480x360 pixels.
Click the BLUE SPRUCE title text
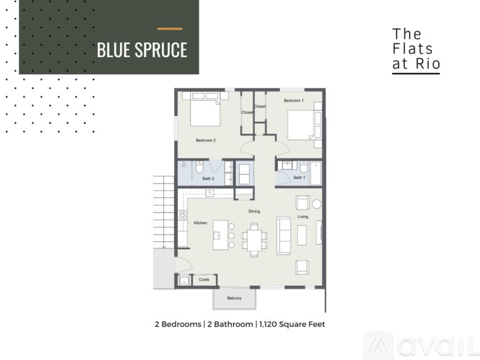coord(142,50)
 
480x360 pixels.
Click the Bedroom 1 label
coord(293,100)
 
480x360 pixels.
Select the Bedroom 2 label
coord(206,140)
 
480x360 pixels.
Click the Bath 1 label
coord(299,177)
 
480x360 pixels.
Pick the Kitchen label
coord(201,223)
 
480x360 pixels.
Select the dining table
coord(253,238)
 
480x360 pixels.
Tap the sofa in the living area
coord(284,235)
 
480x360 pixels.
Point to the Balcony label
coord(234,298)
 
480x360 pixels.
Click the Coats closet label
coord(204,279)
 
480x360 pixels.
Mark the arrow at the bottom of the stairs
coord(163,246)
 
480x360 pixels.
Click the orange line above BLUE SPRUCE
coord(170,29)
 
